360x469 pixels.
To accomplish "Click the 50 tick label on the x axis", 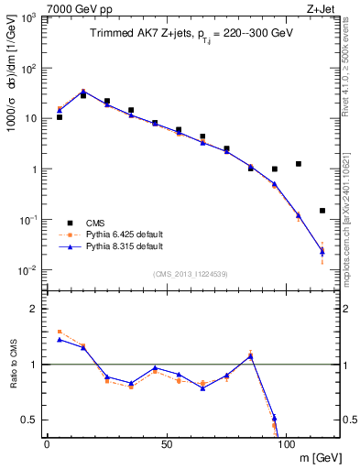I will (x=166, y=444).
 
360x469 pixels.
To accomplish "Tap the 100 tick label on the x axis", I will (x=286, y=444).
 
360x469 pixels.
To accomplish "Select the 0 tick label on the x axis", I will (x=47, y=444).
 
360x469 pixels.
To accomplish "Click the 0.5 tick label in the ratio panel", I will (x=29, y=420).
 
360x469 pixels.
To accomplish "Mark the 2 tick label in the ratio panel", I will (x=34, y=309).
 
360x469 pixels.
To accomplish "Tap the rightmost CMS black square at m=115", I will (x=322, y=211).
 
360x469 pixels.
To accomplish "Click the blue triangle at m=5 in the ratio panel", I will (x=60, y=340).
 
